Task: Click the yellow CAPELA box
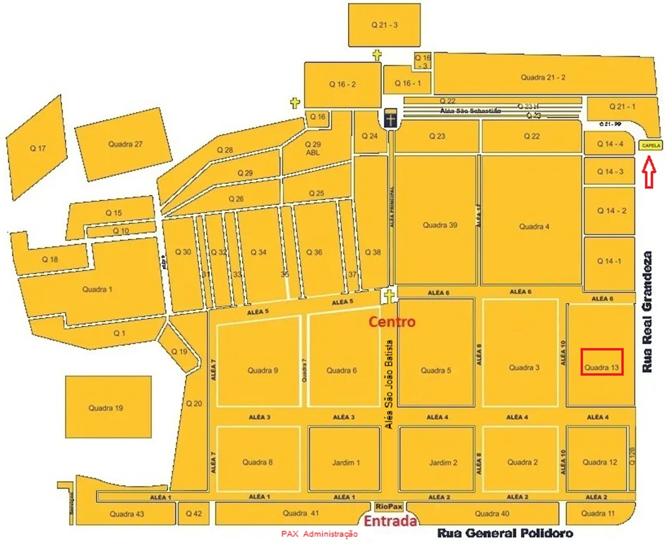pyautogui.click(x=650, y=146)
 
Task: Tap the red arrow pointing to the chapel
pyautogui.click(x=650, y=173)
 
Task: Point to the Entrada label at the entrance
pyautogui.click(x=390, y=521)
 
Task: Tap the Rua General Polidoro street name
pyautogui.click(x=505, y=533)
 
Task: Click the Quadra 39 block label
pyautogui.click(x=440, y=225)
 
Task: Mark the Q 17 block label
pyautogui.click(x=37, y=149)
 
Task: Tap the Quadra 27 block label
pyautogui.click(x=126, y=144)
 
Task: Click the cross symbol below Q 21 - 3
pyautogui.click(x=377, y=56)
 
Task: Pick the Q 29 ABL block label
pyautogui.click(x=313, y=148)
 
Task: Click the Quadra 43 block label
pyautogui.click(x=127, y=514)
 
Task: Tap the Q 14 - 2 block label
pyautogui.click(x=611, y=211)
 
